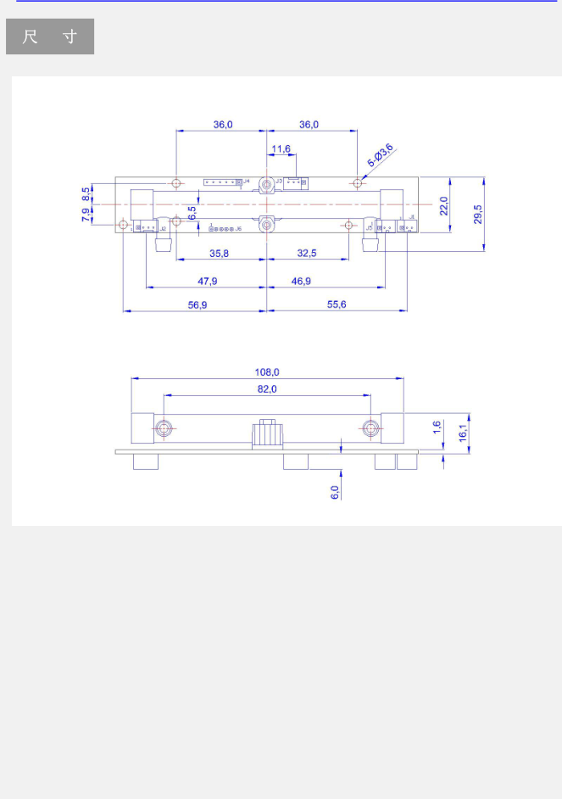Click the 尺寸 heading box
pyautogui.click(x=50, y=37)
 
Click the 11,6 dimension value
pyautogui.click(x=281, y=149)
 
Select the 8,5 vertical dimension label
pyautogui.click(x=86, y=193)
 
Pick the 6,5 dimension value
pyautogui.click(x=192, y=213)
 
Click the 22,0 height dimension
pyautogui.click(x=442, y=204)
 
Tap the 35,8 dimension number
pyautogui.click(x=220, y=253)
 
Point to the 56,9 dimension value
pyautogui.click(x=197, y=305)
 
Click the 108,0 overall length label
pyautogui.click(x=267, y=372)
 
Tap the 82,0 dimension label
pyautogui.click(x=267, y=388)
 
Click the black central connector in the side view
pyautogui.click(x=266, y=434)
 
